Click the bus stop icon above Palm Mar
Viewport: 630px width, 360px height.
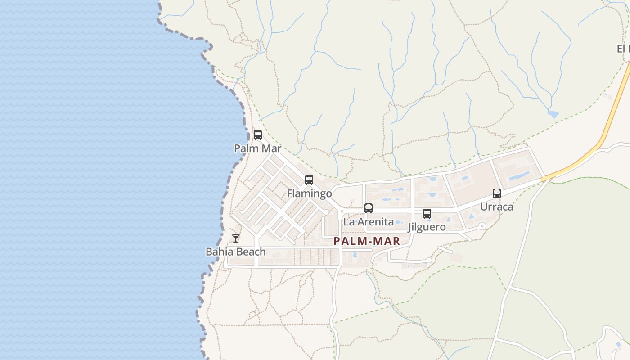pyautogui.click(x=258, y=135)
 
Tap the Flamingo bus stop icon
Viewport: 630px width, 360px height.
pyautogui.click(x=309, y=180)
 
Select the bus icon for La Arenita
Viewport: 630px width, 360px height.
pyautogui.click(x=369, y=208)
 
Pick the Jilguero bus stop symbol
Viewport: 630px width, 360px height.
pyautogui.click(x=427, y=213)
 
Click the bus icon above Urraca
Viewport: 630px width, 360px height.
pyautogui.click(x=497, y=193)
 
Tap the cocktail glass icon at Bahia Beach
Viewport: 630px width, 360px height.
pyautogui.click(x=236, y=238)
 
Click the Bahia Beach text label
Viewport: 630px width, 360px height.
pyautogui.click(x=236, y=252)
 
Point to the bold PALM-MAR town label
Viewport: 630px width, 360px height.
pyautogui.click(x=367, y=241)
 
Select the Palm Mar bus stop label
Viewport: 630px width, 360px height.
pyautogui.click(x=258, y=148)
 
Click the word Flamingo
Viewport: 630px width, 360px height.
pyautogui.click(x=310, y=193)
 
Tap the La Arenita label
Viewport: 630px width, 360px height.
pyautogui.click(x=369, y=221)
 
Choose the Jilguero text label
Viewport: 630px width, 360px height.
pyautogui.click(x=427, y=227)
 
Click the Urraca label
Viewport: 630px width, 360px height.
pyautogui.click(x=497, y=207)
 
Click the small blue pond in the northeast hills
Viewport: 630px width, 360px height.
pyautogui.click(x=553, y=114)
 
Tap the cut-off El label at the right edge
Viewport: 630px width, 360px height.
pyautogui.click(x=623, y=49)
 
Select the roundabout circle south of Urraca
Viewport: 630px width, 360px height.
pyautogui.click(x=482, y=226)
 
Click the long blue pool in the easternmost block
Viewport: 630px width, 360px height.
pyautogui.click(x=519, y=175)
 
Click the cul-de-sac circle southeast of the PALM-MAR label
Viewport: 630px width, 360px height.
pyautogui.click(x=429, y=260)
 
